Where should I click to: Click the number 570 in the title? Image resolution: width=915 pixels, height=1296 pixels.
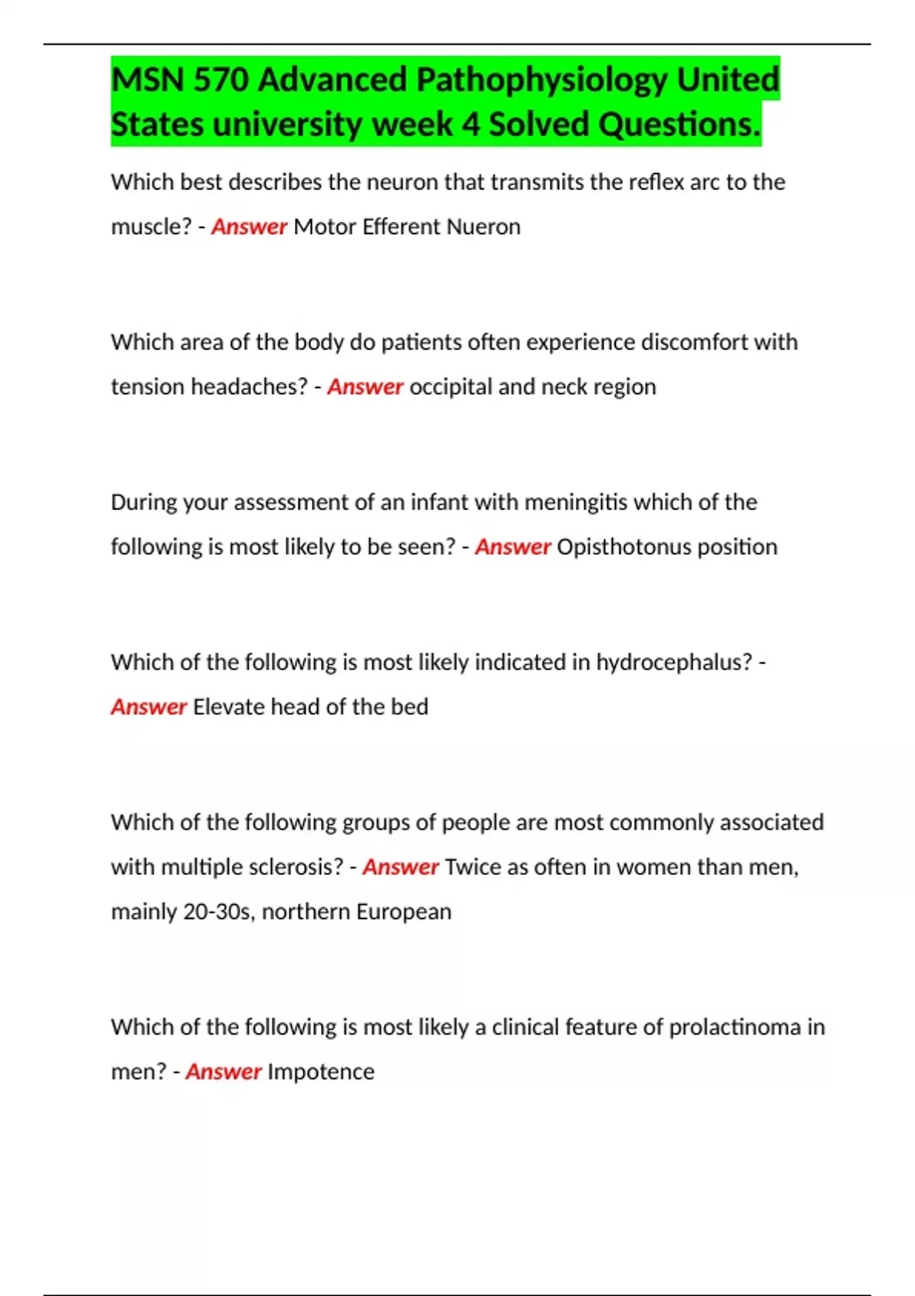point(221,79)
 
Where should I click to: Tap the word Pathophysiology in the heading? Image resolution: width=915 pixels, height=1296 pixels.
point(541,79)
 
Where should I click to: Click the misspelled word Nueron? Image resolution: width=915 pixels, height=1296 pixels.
point(483,226)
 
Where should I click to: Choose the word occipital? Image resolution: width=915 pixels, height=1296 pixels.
point(450,387)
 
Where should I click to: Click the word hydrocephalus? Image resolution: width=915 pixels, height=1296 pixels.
point(674,662)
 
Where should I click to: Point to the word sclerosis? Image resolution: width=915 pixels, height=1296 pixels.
point(296,867)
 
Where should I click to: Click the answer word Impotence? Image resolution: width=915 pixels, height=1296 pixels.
point(321,1072)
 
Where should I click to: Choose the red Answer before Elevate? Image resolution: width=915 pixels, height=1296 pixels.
point(149,707)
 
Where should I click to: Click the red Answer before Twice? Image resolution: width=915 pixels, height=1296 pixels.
point(400,867)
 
